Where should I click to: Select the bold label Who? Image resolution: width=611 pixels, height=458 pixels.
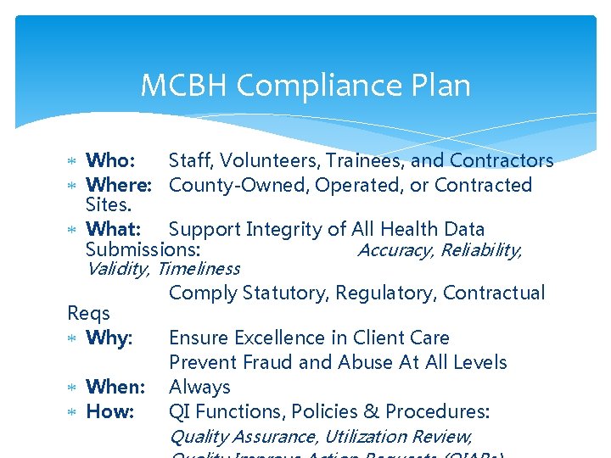pyautogui.click(x=110, y=160)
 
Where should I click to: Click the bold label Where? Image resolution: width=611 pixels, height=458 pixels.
pyautogui.click(x=119, y=185)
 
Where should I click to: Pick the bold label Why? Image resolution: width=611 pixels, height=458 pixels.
pyautogui.click(x=110, y=338)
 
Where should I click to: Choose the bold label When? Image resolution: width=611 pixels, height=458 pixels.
pyautogui.click(x=116, y=387)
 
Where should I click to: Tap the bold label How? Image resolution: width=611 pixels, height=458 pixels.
pyautogui.click(x=110, y=411)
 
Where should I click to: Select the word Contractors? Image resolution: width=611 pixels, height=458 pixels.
pyautogui.click(x=502, y=160)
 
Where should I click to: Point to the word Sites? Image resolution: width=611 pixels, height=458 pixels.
pyautogui.click(x=109, y=204)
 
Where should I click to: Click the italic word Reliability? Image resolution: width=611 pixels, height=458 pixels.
pyautogui.click(x=480, y=249)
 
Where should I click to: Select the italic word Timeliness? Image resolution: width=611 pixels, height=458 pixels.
pyautogui.click(x=199, y=269)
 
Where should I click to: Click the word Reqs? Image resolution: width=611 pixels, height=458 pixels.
pyautogui.click(x=88, y=313)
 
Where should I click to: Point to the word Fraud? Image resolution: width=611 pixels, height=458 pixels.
pyautogui.click(x=267, y=362)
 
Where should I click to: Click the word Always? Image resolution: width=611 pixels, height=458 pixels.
pyautogui.click(x=199, y=387)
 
